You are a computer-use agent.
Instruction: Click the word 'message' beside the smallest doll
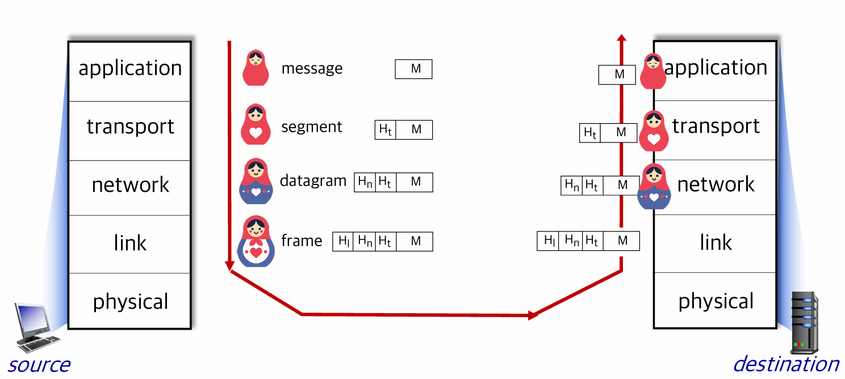pyautogui.click(x=312, y=69)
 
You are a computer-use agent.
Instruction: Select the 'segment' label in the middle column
pyautogui.click(x=312, y=127)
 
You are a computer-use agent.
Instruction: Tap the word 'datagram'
pyautogui.click(x=313, y=181)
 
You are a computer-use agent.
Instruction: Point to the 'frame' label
pyautogui.click(x=302, y=241)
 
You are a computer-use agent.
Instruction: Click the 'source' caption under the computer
pyautogui.click(x=39, y=365)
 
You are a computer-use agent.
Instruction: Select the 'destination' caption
pyautogui.click(x=787, y=364)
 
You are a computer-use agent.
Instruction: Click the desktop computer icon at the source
pyautogui.click(x=36, y=327)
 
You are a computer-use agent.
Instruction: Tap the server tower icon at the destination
pyautogui.click(x=805, y=323)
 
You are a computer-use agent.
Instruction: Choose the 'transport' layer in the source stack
pyautogui.click(x=130, y=130)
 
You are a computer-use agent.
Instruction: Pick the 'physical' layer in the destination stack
pyautogui.click(x=715, y=300)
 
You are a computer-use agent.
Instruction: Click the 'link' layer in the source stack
pyautogui.click(x=130, y=244)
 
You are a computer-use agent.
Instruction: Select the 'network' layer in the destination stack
pyautogui.click(x=715, y=187)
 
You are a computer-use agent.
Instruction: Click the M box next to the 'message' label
pyautogui.click(x=414, y=69)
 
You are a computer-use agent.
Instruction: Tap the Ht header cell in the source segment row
pyautogui.click(x=385, y=129)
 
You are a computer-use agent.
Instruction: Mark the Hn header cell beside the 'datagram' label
pyautogui.click(x=365, y=182)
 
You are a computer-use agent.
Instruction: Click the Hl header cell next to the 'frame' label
pyautogui.click(x=343, y=242)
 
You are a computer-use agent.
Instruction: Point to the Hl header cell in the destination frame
pyautogui.click(x=548, y=241)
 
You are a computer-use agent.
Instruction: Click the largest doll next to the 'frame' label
pyautogui.click(x=256, y=242)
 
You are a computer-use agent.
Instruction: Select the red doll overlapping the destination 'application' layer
pyautogui.click(x=654, y=71)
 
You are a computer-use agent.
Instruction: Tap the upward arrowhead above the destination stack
pyautogui.click(x=622, y=37)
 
